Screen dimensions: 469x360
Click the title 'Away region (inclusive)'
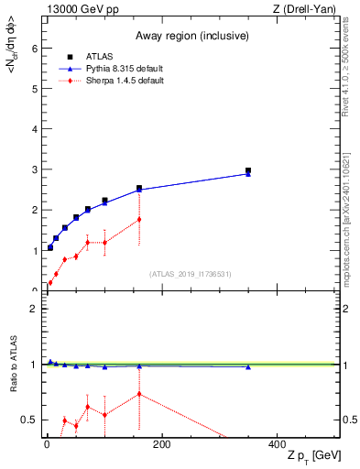click(x=191, y=37)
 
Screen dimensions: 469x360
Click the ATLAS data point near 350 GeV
click(x=248, y=170)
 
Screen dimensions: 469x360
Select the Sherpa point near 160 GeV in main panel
click(x=139, y=219)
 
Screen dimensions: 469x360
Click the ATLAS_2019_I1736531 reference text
click(x=191, y=273)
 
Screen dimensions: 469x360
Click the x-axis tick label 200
click(x=161, y=444)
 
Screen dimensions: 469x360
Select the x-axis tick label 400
click(x=276, y=444)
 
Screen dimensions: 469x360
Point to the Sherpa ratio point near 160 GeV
click(x=139, y=394)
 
